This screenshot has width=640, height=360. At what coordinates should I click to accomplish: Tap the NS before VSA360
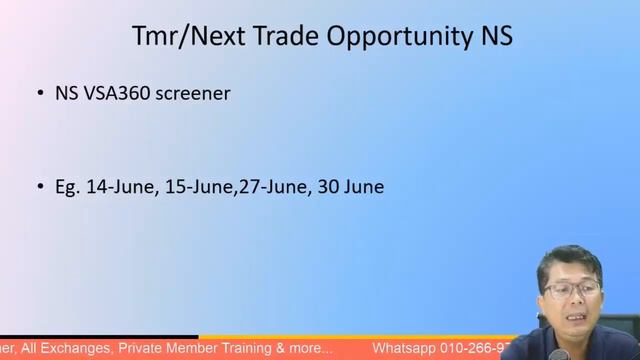[x=67, y=95]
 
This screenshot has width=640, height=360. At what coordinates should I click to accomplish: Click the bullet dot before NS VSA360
[x=41, y=95]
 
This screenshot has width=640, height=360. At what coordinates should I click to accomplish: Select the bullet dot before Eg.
[x=41, y=187]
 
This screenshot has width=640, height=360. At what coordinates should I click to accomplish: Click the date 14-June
[x=119, y=187]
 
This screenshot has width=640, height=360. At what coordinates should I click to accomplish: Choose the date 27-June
[x=271, y=187]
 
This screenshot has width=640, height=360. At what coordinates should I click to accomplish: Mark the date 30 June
[x=350, y=187]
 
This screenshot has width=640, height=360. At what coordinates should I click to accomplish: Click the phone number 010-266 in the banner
[x=482, y=349]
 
